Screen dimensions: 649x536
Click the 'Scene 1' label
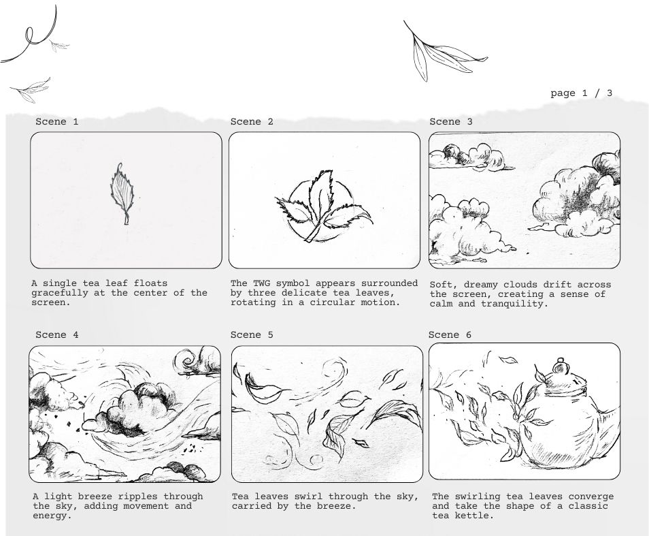(x=56, y=122)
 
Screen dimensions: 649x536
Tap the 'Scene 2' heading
(x=252, y=122)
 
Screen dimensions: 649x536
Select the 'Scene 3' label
(x=451, y=122)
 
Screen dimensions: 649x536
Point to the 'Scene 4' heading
(x=56, y=334)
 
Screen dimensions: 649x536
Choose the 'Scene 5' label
(x=252, y=334)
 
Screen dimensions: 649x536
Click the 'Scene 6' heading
(x=450, y=334)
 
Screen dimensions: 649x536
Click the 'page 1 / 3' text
(x=581, y=93)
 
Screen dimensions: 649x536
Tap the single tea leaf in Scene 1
(x=122, y=193)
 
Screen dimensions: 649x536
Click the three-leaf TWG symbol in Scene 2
(x=324, y=206)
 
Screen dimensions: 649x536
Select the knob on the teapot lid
(x=561, y=365)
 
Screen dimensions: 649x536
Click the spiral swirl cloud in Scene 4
(x=188, y=361)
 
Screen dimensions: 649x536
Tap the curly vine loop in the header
(x=32, y=35)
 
